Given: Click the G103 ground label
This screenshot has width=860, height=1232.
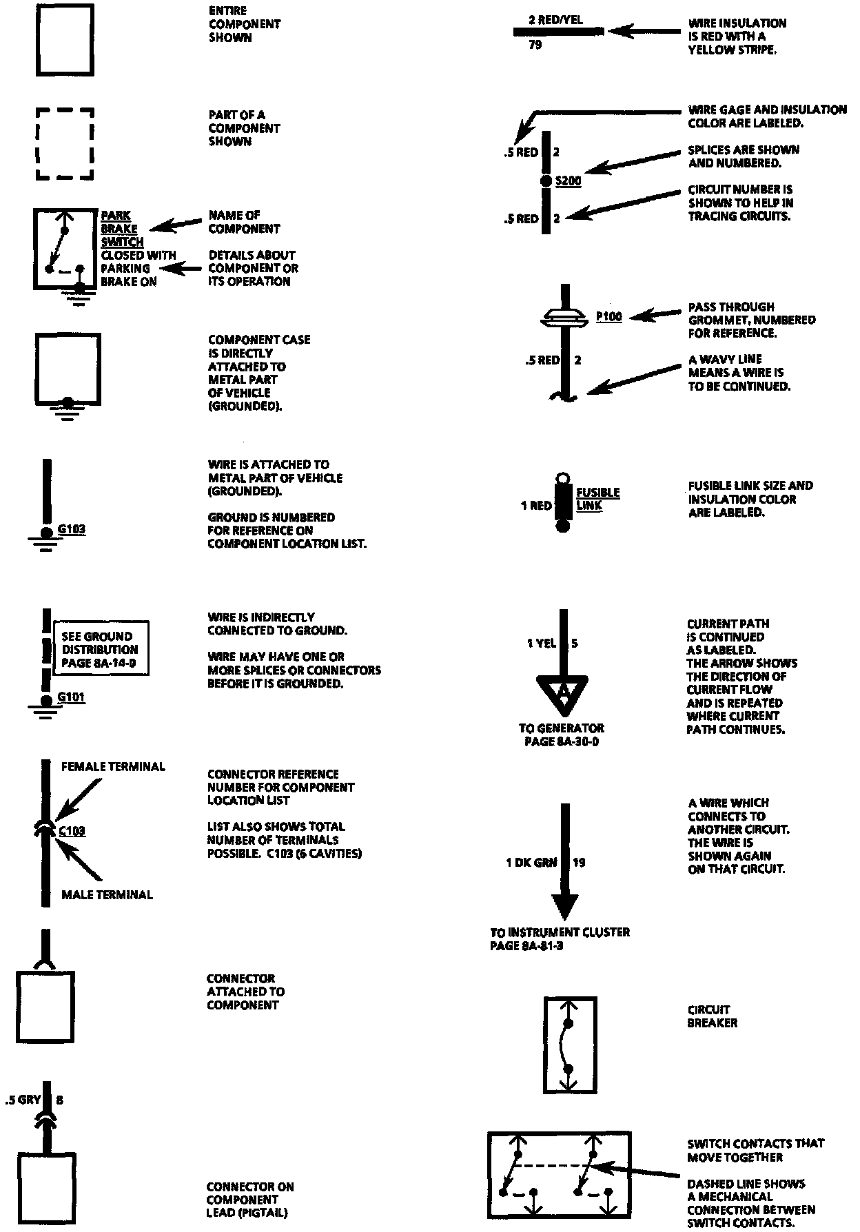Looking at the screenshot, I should click(x=72, y=529).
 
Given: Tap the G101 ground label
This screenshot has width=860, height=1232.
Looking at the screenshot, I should click(x=71, y=697).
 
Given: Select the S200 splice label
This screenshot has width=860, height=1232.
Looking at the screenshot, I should click(x=568, y=181).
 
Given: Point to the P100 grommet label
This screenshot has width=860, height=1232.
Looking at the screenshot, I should click(x=608, y=316).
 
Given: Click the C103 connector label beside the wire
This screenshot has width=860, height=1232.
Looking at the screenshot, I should click(x=72, y=831).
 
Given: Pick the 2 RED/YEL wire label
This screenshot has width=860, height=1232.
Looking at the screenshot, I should click(x=555, y=20).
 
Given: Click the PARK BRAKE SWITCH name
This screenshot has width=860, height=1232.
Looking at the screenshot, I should click(x=121, y=229).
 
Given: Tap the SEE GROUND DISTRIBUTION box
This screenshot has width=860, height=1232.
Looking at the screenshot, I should click(x=100, y=649).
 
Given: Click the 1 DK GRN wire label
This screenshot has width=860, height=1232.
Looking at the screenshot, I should click(x=531, y=862).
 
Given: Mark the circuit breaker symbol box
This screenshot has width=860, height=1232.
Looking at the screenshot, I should click(x=570, y=1045).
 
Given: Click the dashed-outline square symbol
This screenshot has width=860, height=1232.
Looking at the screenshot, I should click(x=65, y=143).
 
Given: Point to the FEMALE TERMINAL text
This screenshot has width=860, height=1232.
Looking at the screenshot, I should click(x=113, y=766).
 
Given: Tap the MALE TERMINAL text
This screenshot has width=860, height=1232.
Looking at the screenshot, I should click(x=107, y=894).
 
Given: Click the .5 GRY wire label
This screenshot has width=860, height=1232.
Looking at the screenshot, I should click(x=23, y=1100).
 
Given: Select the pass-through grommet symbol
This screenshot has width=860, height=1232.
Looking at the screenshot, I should click(x=564, y=317).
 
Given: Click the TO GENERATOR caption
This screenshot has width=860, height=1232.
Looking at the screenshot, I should click(x=562, y=735).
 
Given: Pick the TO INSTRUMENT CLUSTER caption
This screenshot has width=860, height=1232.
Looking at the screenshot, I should click(x=560, y=938).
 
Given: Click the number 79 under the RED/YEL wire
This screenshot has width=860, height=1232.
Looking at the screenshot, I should click(x=535, y=45).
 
